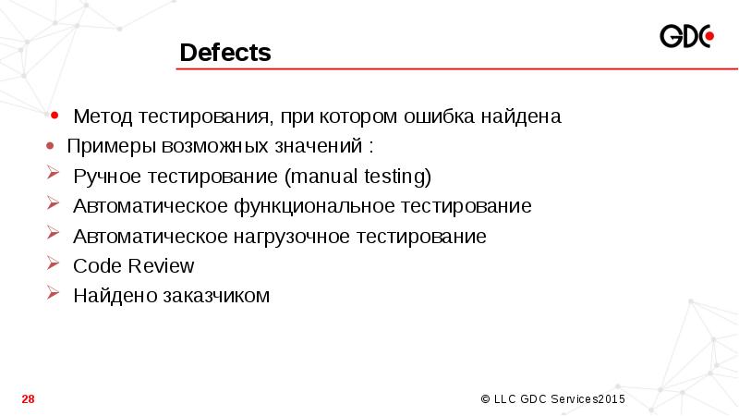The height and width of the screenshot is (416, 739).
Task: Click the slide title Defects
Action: [x=225, y=53]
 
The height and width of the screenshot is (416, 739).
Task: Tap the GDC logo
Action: [x=686, y=38]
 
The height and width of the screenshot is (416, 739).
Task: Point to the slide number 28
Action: [x=28, y=399]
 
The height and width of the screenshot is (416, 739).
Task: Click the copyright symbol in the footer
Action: [x=486, y=399]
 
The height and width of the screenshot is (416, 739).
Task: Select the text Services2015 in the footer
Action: [x=588, y=399]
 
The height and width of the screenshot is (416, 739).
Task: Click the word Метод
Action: [x=104, y=117]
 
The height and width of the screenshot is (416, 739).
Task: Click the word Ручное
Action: [x=104, y=176]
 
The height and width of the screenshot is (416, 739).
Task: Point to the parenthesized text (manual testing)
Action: [x=358, y=176]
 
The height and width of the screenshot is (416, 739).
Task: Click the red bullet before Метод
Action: [x=55, y=116]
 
